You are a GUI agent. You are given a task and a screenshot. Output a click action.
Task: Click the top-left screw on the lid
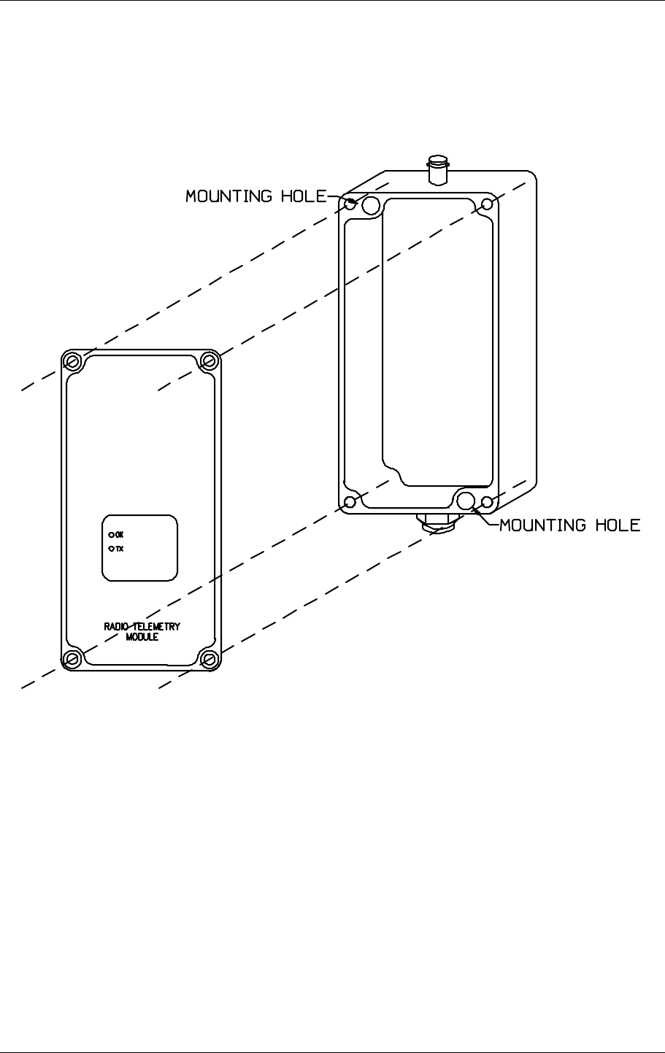(x=72, y=361)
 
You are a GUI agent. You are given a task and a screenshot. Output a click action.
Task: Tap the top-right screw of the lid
(x=210, y=360)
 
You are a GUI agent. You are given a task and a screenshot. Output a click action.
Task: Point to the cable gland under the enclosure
(x=436, y=522)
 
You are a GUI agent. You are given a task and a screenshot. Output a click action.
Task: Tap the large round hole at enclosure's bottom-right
(x=465, y=500)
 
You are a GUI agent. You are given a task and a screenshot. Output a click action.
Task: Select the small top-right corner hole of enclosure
(x=488, y=204)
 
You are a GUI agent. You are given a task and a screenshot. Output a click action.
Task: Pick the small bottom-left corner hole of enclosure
(x=350, y=502)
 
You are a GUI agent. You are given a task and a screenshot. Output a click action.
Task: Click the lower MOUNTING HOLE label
(x=569, y=525)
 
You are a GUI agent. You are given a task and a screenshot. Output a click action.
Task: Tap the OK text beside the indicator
(x=120, y=534)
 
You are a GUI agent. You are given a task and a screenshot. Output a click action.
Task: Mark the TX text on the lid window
(x=120, y=549)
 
